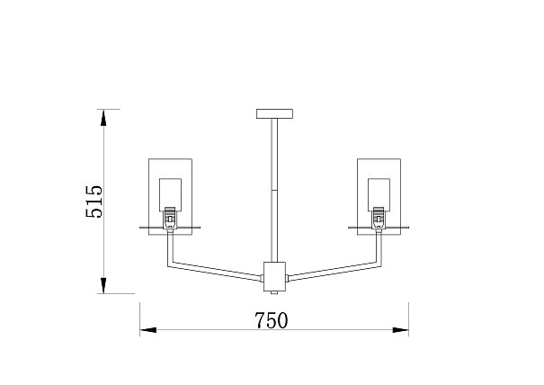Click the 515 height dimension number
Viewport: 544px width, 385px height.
pyautogui.click(x=94, y=201)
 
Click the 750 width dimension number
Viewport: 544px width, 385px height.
pyautogui.click(x=272, y=320)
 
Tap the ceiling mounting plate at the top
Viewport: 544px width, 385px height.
pyautogui.click(x=274, y=114)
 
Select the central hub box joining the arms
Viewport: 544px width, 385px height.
pyautogui.click(x=274, y=277)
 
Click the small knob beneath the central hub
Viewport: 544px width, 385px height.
pyautogui.click(x=274, y=292)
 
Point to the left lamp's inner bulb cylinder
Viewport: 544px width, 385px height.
pyautogui.click(x=170, y=194)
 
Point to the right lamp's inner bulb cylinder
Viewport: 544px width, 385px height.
pyautogui.click(x=379, y=194)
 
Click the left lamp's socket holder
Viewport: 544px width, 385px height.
pyautogui.click(x=170, y=218)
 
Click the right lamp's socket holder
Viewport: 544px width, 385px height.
pyautogui.click(x=379, y=218)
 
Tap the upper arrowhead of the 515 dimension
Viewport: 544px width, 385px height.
pyautogui.click(x=103, y=117)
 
